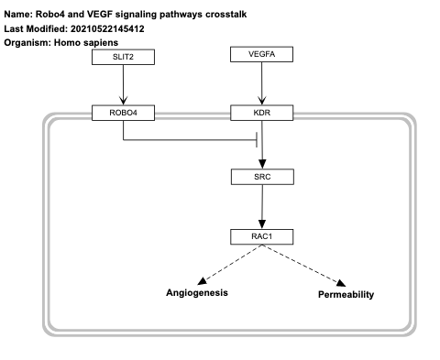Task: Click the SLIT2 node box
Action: tap(122, 57)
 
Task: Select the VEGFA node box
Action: tap(262, 56)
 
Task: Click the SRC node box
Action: tap(262, 174)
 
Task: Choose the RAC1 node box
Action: tap(262, 237)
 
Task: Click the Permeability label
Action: tap(346, 295)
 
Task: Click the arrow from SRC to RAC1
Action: tap(262, 206)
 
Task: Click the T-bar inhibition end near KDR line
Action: tap(255, 141)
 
